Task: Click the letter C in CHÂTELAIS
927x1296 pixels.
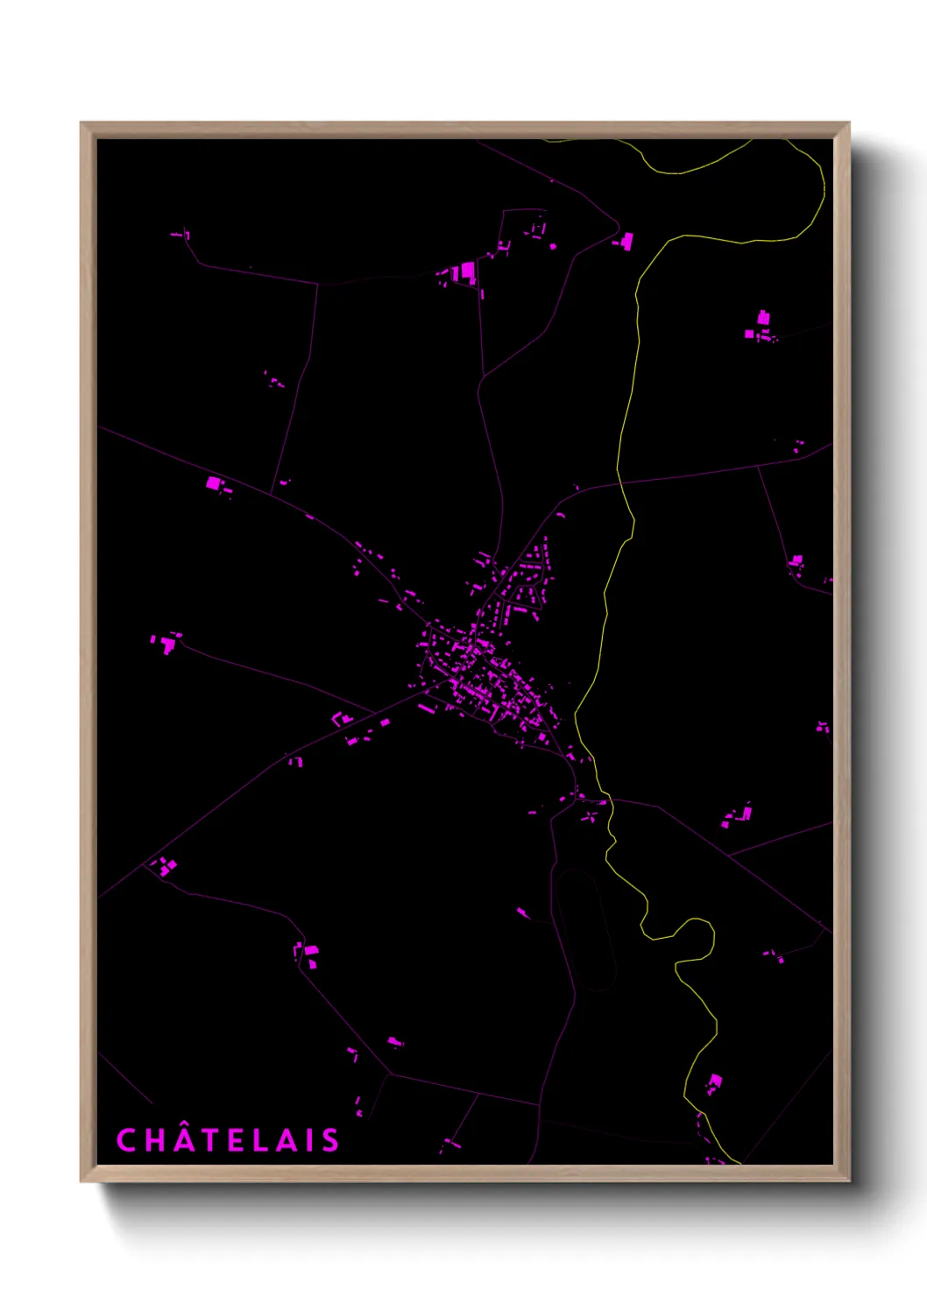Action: click(127, 1140)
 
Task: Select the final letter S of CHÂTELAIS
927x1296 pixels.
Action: click(329, 1140)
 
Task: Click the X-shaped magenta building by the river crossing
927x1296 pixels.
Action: click(590, 817)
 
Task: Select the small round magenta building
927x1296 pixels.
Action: click(553, 247)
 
